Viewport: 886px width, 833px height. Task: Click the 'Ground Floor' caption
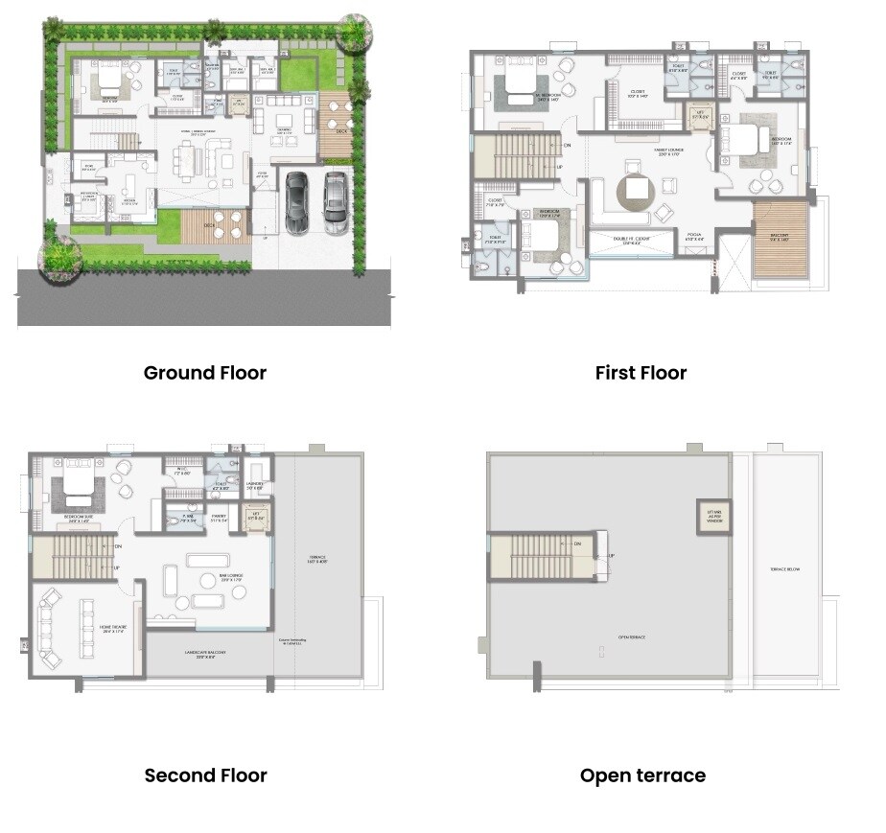pos(204,373)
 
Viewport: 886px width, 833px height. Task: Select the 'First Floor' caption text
pos(641,373)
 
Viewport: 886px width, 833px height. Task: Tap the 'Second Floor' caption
pos(205,775)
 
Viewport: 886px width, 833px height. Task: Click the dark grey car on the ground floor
pos(297,201)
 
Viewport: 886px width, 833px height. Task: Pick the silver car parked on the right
pos(335,201)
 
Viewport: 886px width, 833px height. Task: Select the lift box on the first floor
pos(700,117)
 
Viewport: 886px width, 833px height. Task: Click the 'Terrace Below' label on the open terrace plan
pos(785,568)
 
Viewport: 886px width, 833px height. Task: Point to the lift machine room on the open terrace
pos(713,518)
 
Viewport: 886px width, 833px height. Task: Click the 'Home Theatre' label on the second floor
pos(113,628)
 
